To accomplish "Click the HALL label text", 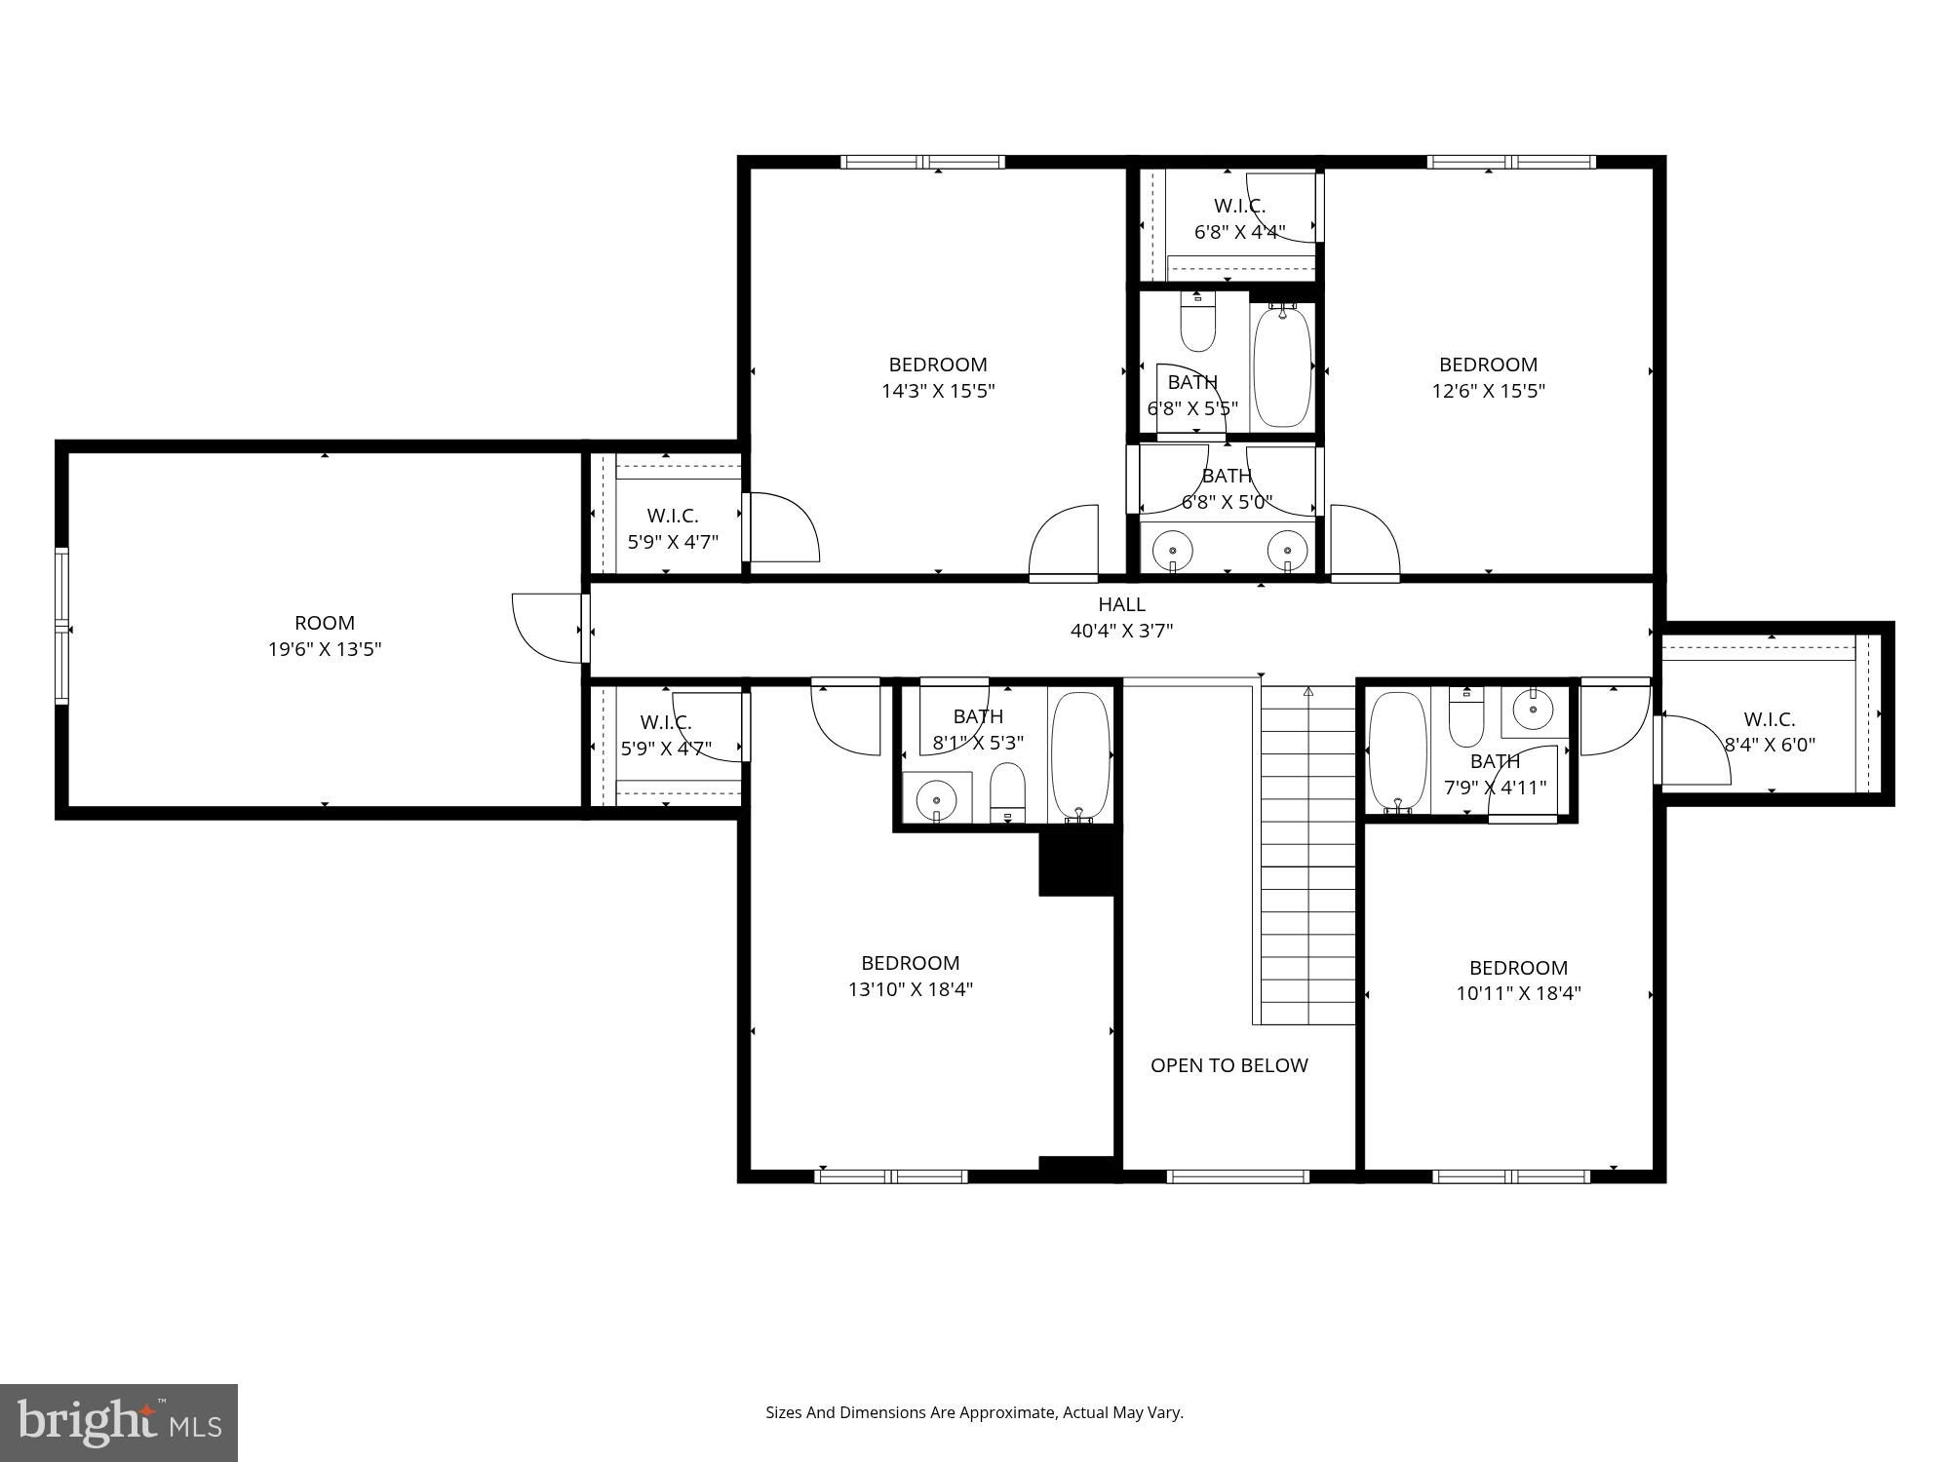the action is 1121,604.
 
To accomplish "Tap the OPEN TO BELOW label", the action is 1228,1065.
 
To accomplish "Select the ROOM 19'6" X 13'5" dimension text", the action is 325,649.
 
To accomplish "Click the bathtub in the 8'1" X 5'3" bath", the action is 1080,757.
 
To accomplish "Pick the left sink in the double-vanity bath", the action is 1173,552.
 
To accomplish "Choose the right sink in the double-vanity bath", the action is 1287,552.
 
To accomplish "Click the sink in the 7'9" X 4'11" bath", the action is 1535,712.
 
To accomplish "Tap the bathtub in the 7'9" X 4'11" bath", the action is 1398,751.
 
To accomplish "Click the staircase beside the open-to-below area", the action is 1308,855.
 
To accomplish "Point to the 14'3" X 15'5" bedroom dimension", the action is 938,391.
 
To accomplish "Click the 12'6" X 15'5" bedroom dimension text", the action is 1488,391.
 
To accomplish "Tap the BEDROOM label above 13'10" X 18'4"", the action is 911,963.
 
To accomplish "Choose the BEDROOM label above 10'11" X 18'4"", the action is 1518,968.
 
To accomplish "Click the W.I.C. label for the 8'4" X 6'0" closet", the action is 1770,719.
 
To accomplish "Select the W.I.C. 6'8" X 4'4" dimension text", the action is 1240,232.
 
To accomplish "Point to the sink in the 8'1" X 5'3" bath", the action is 937,799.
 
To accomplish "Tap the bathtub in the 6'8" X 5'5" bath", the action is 1282,365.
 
